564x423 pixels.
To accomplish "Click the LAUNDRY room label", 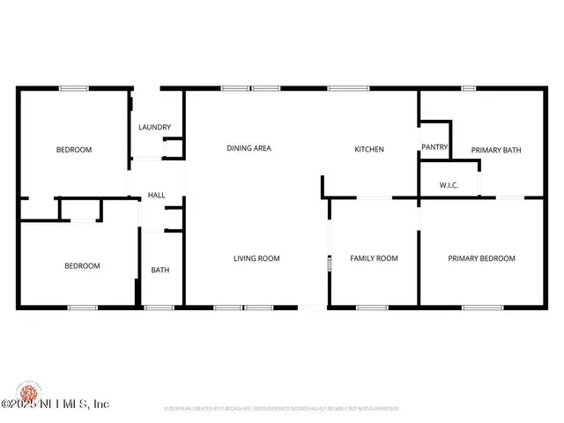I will pyautogui.click(x=154, y=128).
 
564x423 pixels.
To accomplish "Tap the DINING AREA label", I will pyautogui.click(x=249, y=149).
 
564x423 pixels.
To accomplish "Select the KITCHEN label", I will pyautogui.click(x=368, y=150).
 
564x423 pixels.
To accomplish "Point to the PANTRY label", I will pyautogui.click(x=434, y=147).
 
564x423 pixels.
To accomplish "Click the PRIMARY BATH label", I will pyautogui.click(x=495, y=150).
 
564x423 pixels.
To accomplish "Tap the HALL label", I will pyautogui.click(x=156, y=196).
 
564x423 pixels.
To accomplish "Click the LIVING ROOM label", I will pyautogui.click(x=256, y=258).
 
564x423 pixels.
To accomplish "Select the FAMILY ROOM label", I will pyautogui.click(x=374, y=258).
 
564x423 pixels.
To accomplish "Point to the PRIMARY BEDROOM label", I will pyautogui.click(x=481, y=258).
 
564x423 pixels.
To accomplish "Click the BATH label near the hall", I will pyautogui.click(x=160, y=271).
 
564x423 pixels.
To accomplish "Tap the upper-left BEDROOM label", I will pyautogui.click(x=74, y=150).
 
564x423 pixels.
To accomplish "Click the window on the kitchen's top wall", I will pyautogui.click(x=349, y=88).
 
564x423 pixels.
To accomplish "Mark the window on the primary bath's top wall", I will pyautogui.click(x=469, y=88).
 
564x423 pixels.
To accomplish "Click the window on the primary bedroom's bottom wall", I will pyautogui.click(x=482, y=308).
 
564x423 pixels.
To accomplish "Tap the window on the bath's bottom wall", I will pyautogui.click(x=159, y=308).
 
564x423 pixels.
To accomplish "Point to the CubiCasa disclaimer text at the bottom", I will pyautogui.click(x=281, y=409).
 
